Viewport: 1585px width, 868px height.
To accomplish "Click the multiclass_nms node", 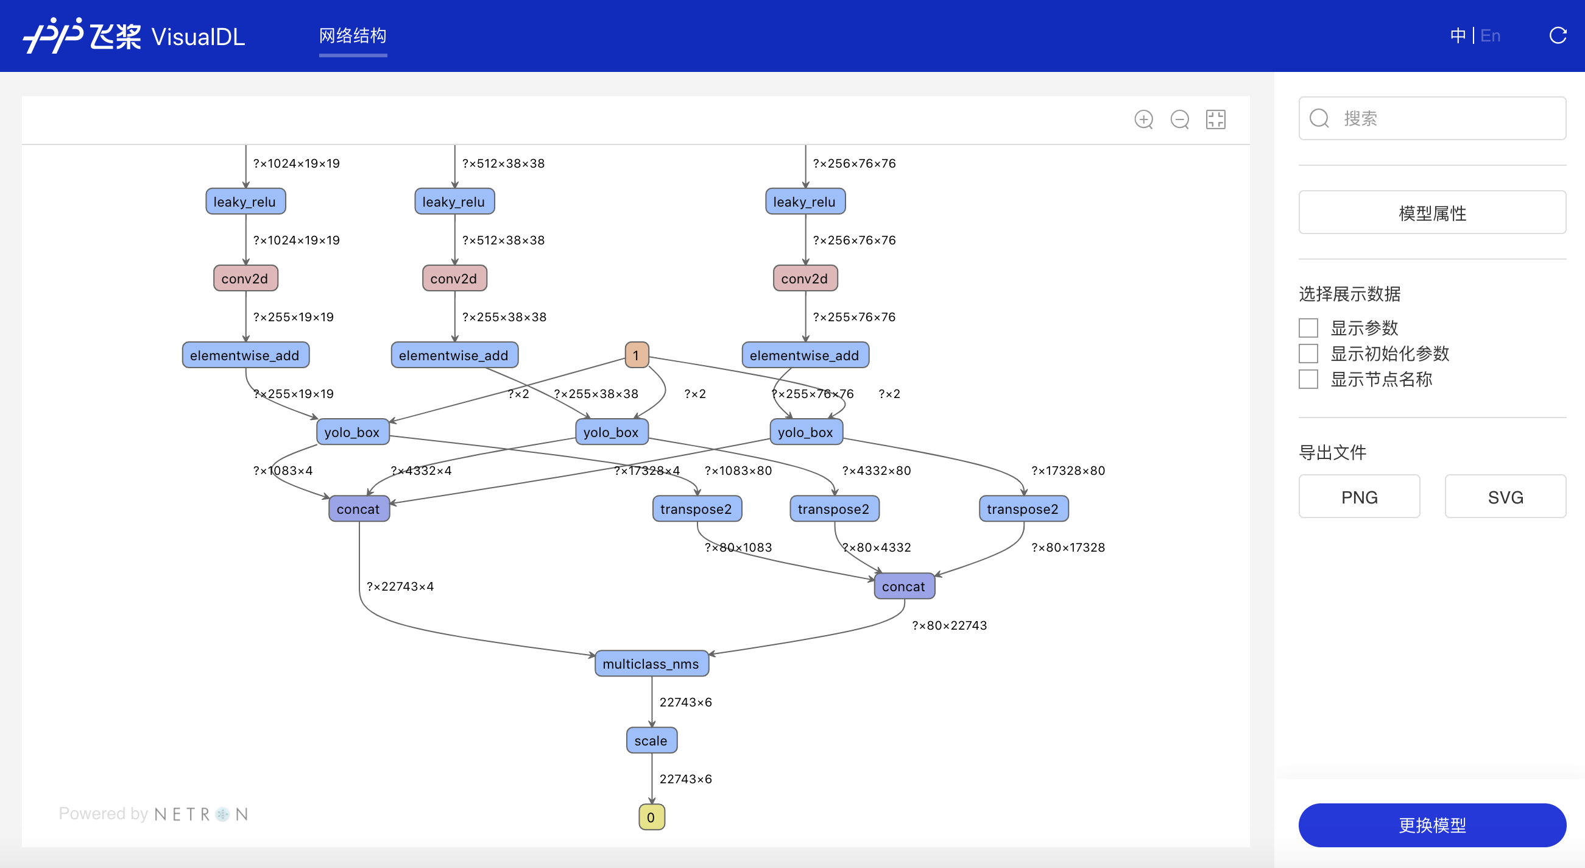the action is (x=651, y=664).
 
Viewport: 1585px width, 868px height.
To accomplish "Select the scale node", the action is (x=651, y=741).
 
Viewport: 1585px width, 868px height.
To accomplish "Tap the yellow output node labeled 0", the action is (x=651, y=817).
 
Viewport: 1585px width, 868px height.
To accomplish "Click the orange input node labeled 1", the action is (x=636, y=355).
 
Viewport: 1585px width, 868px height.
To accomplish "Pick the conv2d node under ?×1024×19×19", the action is (x=245, y=278).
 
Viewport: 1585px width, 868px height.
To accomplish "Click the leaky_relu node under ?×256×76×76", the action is (x=805, y=201).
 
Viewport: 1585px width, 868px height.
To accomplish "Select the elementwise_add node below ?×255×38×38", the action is (x=454, y=355).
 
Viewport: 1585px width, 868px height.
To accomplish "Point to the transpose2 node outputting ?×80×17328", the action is (x=1023, y=509).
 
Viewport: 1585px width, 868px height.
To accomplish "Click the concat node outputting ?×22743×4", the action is (x=359, y=509).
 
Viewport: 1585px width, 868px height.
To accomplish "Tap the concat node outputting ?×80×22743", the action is (x=904, y=586).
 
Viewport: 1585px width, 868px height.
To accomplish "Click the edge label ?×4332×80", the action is (x=876, y=471).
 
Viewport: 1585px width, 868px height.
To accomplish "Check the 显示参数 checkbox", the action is (x=1308, y=328).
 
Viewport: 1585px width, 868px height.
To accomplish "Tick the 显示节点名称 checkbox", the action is (x=1308, y=379).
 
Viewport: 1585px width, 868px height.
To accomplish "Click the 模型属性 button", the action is (x=1431, y=212).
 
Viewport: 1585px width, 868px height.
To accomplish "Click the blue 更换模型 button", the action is (x=1431, y=825).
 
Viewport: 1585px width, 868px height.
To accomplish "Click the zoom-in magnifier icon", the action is (x=1144, y=119).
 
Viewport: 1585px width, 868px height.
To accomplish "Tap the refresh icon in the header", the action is (x=1558, y=36).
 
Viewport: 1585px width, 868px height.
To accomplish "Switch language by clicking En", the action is (x=1489, y=36).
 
